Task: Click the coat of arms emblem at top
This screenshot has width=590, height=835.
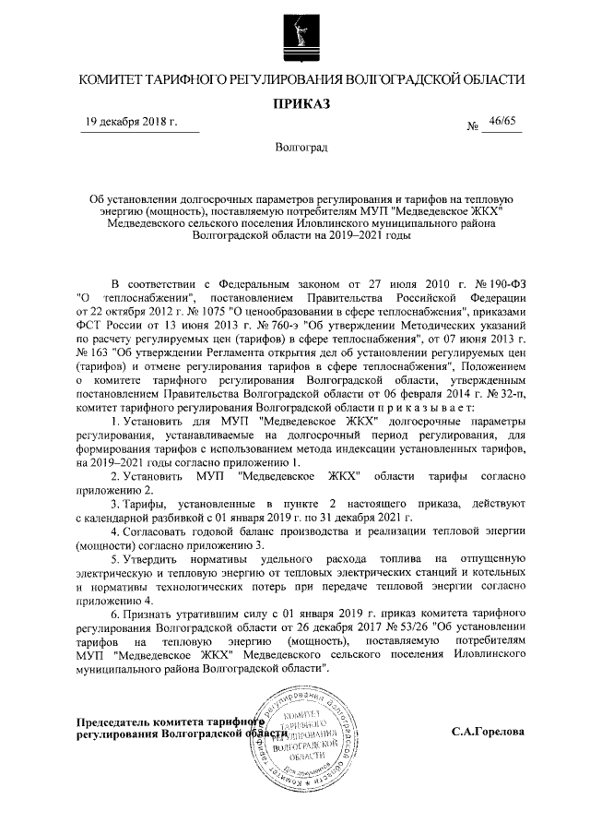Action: (294, 37)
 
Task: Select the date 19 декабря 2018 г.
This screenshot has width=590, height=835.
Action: (125, 123)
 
